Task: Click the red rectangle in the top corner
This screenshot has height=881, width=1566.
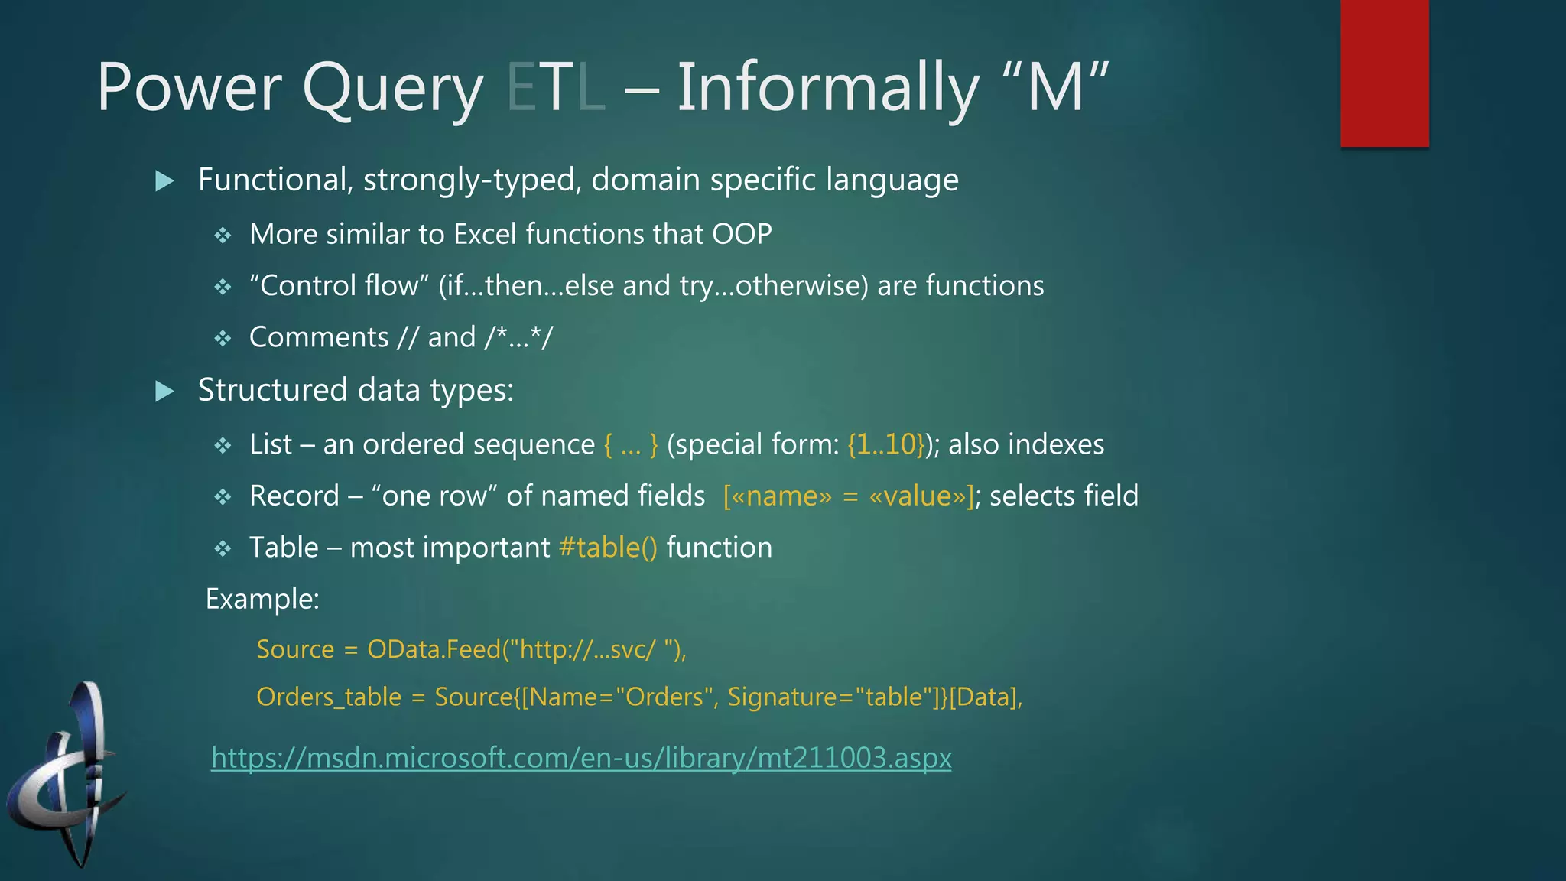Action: pyautogui.click(x=1384, y=73)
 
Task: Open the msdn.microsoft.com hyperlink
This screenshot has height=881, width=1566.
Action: pyautogui.click(x=581, y=757)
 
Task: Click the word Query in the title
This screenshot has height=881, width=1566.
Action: pyautogui.click(x=393, y=89)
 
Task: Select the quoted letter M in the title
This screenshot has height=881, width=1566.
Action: pyautogui.click(x=1055, y=87)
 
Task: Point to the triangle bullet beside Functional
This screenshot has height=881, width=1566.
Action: pyautogui.click(x=164, y=181)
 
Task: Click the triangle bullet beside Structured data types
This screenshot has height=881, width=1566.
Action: pyautogui.click(x=164, y=392)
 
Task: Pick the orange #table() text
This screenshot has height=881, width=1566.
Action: pyautogui.click(x=608, y=548)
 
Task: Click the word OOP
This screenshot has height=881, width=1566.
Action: pyautogui.click(x=742, y=234)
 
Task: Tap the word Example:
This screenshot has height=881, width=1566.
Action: pyautogui.click(x=262, y=599)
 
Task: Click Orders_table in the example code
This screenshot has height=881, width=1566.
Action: pyautogui.click(x=329, y=697)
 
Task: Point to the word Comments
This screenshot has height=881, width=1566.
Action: pyautogui.click(x=319, y=337)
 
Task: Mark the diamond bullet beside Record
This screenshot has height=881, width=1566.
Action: pyautogui.click(x=223, y=497)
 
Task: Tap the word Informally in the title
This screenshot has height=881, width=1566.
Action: pyautogui.click(x=827, y=87)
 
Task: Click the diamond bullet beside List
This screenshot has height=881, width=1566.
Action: pyautogui.click(x=223, y=445)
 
